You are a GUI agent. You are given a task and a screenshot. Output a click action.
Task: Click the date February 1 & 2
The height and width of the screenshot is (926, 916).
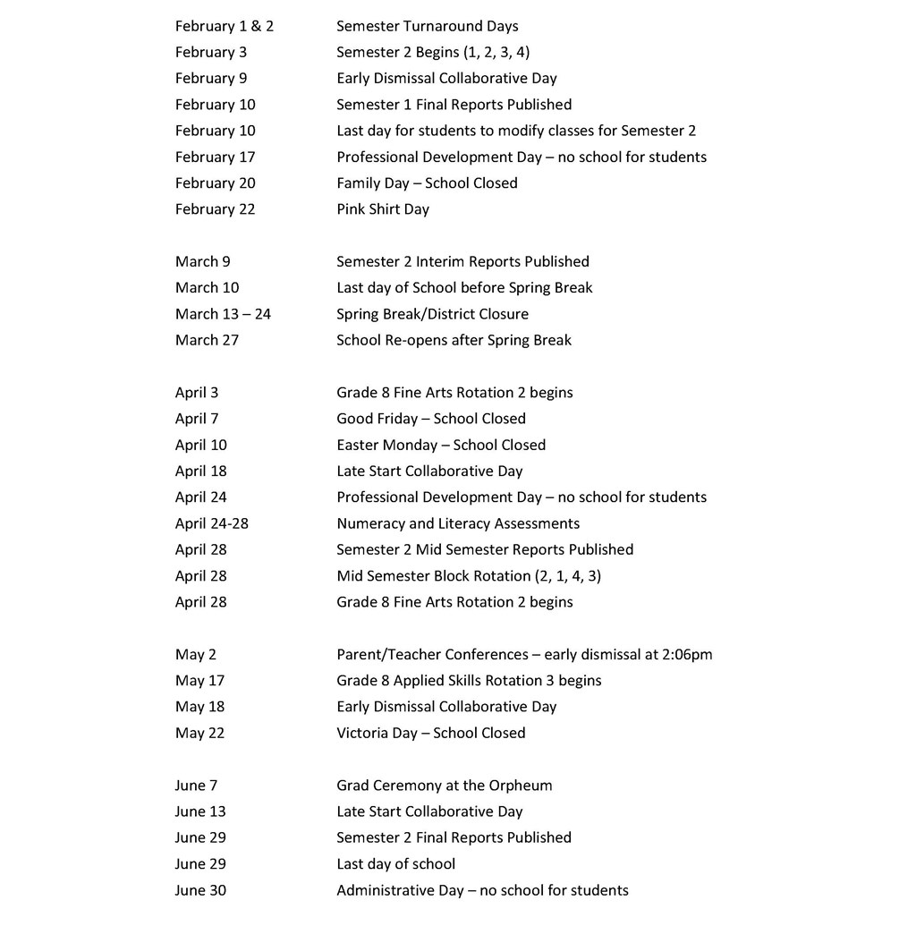point(225,26)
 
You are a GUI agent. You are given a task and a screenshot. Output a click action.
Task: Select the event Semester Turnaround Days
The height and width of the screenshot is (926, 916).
point(427,26)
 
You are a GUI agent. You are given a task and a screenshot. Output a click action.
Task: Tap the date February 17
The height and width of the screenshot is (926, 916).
point(215,157)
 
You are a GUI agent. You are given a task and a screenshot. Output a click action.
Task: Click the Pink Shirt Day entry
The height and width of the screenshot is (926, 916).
point(382,209)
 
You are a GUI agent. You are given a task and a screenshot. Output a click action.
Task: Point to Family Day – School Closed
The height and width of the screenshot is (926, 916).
point(427,183)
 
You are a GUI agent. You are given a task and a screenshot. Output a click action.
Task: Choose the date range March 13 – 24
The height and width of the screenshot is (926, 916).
point(223,314)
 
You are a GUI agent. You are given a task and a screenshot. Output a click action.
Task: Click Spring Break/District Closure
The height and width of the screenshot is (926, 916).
point(432,314)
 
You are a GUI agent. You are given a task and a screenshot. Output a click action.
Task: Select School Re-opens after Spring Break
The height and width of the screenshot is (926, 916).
point(454,340)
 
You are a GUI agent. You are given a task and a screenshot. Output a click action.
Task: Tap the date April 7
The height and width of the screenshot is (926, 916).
point(197,419)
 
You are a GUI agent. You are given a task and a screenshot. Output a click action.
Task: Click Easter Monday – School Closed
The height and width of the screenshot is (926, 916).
point(440,445)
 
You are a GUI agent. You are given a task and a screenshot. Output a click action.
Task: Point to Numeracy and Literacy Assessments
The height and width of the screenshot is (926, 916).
point(457,523)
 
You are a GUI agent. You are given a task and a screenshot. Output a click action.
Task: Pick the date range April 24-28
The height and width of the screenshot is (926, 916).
point(212,523)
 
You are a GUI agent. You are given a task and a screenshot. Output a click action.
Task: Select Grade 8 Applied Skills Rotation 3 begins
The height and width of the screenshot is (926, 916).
point(469,681)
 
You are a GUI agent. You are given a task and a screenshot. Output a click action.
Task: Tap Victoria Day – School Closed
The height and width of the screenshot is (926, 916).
point(430,733)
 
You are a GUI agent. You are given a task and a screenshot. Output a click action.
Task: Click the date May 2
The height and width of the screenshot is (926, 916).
point(196,654)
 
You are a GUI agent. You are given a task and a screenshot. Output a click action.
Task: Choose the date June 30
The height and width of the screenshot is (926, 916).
point(200,890)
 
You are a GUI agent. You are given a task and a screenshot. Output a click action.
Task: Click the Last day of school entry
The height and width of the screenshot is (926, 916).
point(395,864)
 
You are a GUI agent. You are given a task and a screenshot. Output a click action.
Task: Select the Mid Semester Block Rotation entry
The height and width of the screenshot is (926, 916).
point(468,576)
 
